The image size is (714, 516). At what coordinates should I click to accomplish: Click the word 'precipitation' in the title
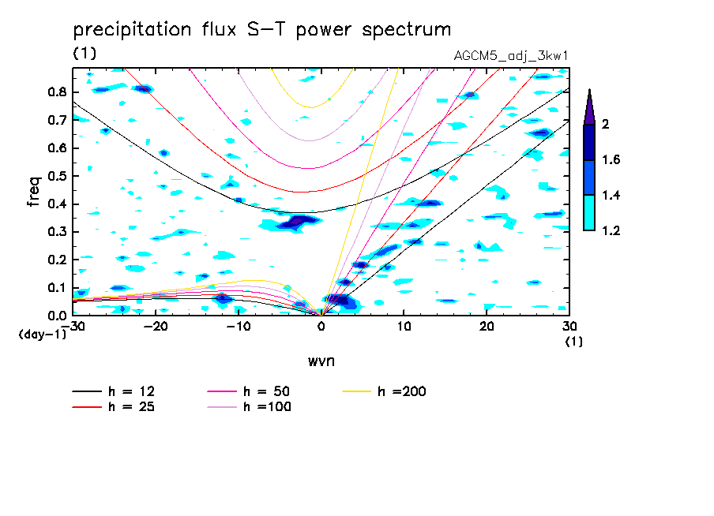click(x=132, y=29)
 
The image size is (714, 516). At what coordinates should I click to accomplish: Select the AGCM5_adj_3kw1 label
click(x=511, y=56)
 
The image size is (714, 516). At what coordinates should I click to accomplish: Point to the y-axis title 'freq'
click(x=34, y=191)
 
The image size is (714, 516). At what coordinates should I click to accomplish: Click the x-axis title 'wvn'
click(x=321, y=361)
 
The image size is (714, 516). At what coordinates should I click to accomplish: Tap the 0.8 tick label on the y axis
click(x=57, y=92)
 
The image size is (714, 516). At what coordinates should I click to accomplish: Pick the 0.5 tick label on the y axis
click(x=57, y=176)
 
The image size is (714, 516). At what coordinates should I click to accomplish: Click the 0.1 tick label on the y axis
click(x=57, y=288)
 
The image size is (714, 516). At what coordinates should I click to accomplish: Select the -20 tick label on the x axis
click(x=156, y=327)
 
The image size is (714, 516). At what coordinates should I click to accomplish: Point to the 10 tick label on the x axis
click(x=404, y=327)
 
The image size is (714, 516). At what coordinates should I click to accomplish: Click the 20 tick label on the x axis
click(x=487, y=327)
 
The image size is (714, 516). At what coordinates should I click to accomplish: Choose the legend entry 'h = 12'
click(x=114, y=391)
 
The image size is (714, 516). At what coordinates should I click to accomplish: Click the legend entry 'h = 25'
click(x=114, y=406)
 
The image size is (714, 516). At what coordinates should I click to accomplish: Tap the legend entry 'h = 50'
click(x=249, y=391)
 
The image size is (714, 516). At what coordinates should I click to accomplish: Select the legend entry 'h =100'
click(x=249, y=406)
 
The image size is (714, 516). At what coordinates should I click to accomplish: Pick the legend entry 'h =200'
click(x=385, y=391)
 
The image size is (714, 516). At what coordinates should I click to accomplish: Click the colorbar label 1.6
click(x=611, y=159)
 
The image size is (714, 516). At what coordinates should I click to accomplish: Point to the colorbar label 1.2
click(x=611, y=230)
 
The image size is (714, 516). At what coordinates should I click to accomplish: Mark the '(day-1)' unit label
click(x=43, y=335)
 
